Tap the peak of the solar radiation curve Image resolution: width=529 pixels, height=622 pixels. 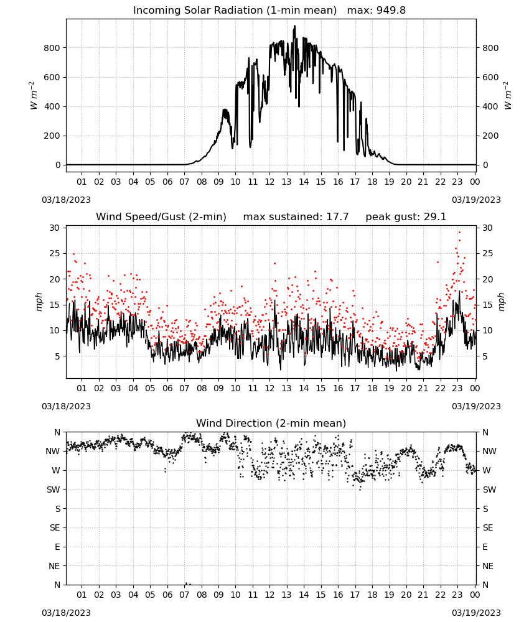coord(294,26)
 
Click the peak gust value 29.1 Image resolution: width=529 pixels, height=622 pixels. coord(435,217)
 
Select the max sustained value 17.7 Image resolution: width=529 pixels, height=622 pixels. coord(338,217)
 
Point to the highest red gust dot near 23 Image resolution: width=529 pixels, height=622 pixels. coord(459,232)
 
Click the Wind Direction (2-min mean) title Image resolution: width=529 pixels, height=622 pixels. coord(271,423)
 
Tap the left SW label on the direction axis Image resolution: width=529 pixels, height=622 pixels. coord(53,490)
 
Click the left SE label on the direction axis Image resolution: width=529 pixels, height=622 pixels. coord(55,527)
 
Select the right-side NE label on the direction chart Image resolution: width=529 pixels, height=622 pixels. coord(488,566)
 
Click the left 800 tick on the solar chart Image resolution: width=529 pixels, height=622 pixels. coord(52,48)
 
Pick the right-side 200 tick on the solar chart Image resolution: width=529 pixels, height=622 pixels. coord(490,136)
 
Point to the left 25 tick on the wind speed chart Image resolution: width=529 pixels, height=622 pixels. coord(54,254)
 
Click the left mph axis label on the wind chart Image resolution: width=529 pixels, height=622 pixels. coord(39,302)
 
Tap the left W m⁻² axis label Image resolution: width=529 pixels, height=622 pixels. coord(34,95)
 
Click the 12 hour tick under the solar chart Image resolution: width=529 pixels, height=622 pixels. coord(269,182)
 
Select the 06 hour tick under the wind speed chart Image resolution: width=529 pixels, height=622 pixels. coord(167,388)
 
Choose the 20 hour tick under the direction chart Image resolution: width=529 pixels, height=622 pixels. coord(406,595)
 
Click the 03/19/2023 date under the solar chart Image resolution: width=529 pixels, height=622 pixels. coord(476,200)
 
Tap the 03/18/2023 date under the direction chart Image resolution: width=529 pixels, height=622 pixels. coord(66,613)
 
